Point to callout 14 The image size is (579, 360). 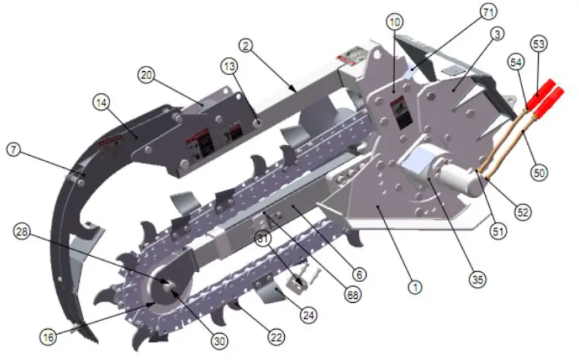(x=102, y=103)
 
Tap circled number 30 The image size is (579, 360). (x=218, y=341)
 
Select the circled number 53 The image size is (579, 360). (x=539, y=45)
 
